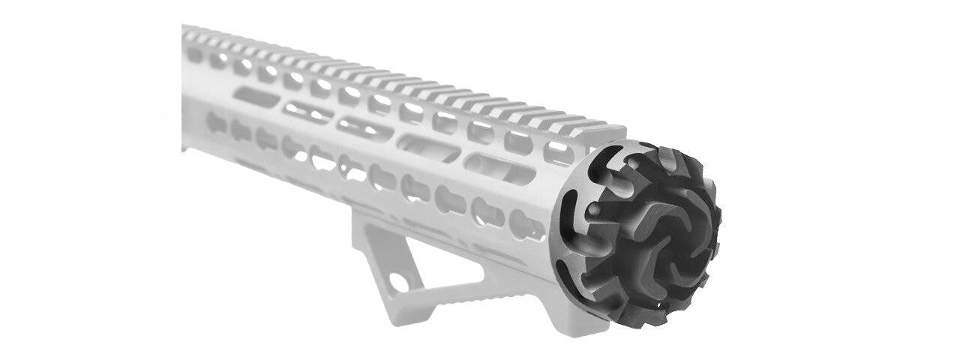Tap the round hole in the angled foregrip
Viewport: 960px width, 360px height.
coord(399,282)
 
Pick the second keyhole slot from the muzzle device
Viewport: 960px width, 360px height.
coord(488,211)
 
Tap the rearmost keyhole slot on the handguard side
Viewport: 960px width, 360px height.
coord(216,122)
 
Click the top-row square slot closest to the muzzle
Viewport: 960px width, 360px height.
coord(558,153)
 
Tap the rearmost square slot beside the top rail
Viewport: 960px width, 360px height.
coord(193,54)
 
